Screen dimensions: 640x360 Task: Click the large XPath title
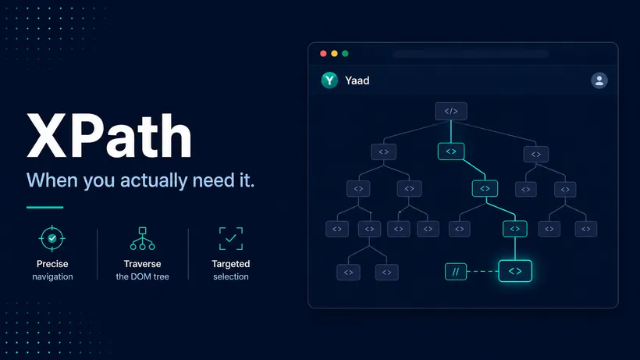click(109, 136)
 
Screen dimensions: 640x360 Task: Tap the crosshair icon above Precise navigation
click(52, 238)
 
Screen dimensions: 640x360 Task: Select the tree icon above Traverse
click(143, 238)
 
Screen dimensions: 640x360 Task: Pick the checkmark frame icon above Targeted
click(231, 239)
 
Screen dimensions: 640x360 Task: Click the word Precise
click(52, 264)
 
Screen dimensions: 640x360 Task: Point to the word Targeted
click(230, 264)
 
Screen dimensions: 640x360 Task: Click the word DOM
click(143, 276)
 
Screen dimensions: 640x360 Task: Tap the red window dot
click(323, 53)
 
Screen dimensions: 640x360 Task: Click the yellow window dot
click(334, 53)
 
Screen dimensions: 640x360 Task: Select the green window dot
click(345, 53)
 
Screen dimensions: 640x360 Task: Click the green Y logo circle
click(329, 80)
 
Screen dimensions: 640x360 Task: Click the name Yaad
click(357, 80)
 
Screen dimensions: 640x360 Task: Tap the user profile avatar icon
click(599, 80)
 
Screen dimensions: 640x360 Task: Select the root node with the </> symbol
click(451, 111)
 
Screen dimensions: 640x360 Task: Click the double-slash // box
click(456, 272)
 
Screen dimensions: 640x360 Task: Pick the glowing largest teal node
click(515, 271)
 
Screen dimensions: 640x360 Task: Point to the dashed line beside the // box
click(482, 272)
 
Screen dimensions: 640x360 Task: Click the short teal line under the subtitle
click(45, 208)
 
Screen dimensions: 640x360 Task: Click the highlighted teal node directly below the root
click(451, 151)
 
